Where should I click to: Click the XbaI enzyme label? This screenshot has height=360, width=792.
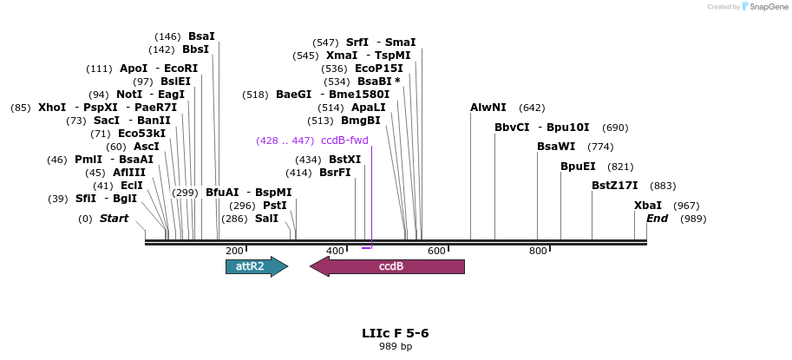[x=648, y=206]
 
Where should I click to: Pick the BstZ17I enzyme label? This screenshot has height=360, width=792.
[x=615, y=185]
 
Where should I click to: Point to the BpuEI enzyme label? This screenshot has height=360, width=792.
[x=578, y=166]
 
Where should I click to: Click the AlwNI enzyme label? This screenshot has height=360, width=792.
[x=488, y=108]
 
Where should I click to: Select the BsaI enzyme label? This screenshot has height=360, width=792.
[x=201, y=36]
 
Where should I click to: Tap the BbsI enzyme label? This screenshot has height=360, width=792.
[x=195, y=49]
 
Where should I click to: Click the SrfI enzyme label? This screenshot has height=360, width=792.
[x=357, y=42]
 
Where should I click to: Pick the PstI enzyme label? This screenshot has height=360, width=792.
[x=275, y=206]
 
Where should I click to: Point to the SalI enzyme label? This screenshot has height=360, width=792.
[x=266, y=219]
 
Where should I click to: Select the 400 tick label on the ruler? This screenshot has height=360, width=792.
[x=335, y=251]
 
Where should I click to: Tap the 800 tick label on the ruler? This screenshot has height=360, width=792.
[x=538, y=251]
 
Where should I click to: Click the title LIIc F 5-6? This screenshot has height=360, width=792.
[x=396, y=333]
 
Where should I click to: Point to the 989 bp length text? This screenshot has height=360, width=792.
[x=396, y=347]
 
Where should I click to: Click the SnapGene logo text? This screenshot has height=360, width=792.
[x=768, y=7]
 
